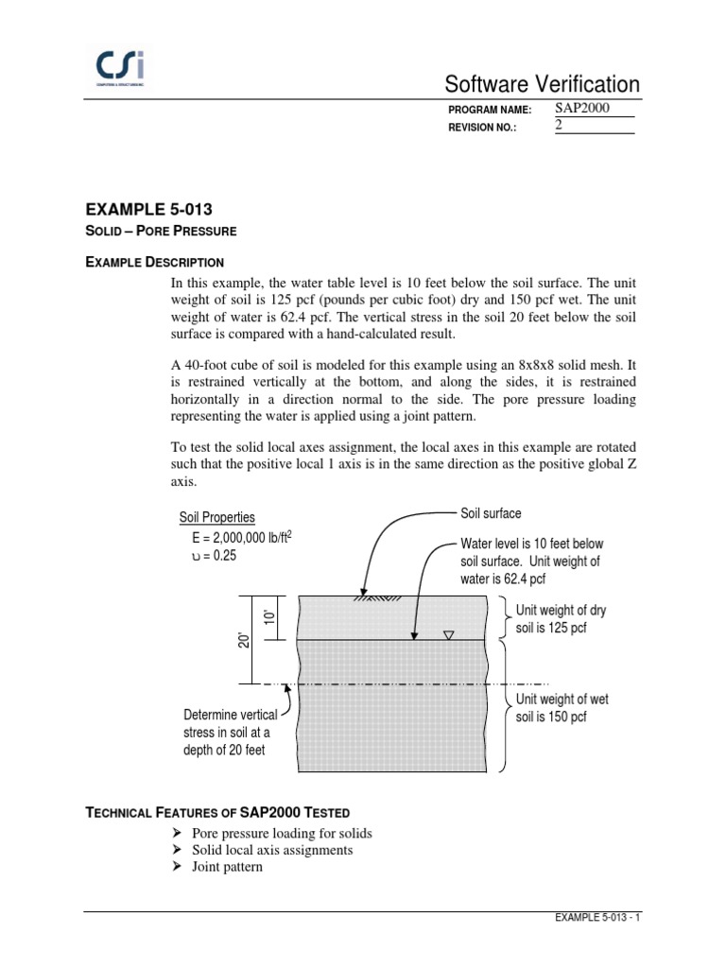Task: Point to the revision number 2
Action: click(559, 126)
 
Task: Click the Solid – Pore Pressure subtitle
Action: click(161, 230)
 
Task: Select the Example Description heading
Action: click(155, 261)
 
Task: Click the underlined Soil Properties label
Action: click(217, 517)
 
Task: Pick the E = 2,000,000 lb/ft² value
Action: click(241, 537)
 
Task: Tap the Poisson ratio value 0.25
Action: click(214, 556)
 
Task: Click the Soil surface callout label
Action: click(491, 513)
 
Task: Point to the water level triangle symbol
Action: click(448, 634)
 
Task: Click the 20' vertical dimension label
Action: click(242, 640)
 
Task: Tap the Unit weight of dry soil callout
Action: click(561, 619)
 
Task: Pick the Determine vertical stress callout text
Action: click(231, 733)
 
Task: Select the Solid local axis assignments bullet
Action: click(272, 850)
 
